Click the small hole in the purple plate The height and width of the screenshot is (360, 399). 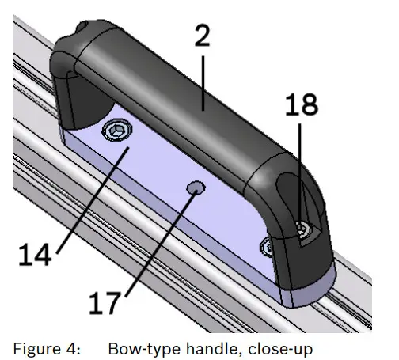click(x=194, y=187)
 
